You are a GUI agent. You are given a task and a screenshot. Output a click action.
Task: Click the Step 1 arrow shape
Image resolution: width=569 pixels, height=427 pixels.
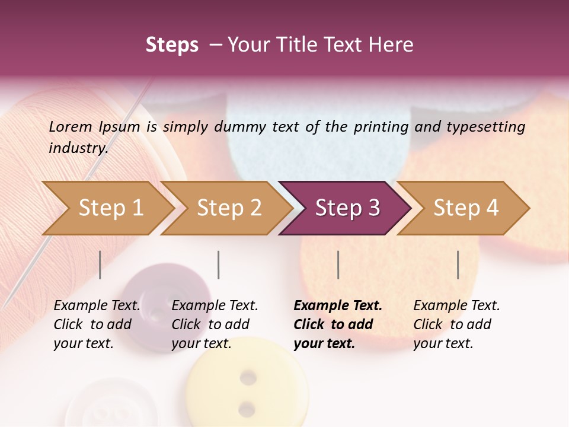click(x=110, y=208)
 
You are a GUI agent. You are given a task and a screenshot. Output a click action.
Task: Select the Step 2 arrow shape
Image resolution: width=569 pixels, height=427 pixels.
click(x=229, y=208)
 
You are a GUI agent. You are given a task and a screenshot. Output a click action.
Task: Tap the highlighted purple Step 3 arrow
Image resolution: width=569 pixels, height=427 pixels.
click(x=347, y=208)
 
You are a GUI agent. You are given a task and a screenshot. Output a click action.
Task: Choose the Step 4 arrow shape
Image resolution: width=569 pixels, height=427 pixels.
click(x=465, y=208)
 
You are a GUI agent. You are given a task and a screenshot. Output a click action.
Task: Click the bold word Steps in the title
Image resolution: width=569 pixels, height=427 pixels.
click(x=172, y=45)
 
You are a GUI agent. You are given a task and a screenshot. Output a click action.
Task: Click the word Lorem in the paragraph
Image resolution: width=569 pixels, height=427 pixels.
click(x=71, y=126)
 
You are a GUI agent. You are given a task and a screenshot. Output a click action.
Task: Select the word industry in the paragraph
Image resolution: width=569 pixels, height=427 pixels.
click(x=78, y=148)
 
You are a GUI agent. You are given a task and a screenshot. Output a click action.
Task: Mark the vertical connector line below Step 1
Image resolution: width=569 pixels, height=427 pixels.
click(x=100, y=265)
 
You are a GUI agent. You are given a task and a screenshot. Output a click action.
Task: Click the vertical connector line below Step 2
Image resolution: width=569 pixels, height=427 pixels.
click(x=219, y=265)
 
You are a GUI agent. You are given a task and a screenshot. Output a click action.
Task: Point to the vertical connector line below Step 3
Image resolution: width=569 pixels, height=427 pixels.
click(x=338, y=265)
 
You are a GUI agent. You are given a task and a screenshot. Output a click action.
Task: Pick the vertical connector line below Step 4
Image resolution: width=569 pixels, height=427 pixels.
click(x=458, y=265)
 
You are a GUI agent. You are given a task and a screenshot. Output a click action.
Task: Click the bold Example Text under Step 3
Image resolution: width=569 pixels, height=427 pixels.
click(x=338, y=306)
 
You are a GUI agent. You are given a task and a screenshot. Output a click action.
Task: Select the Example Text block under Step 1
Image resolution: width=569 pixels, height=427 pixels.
click(x=97, y=324)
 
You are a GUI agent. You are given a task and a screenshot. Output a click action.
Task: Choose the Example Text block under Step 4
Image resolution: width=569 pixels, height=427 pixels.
click(x=456, y=324)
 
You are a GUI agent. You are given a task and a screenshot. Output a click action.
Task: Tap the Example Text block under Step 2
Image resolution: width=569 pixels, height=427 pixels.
click(x=215, y=324)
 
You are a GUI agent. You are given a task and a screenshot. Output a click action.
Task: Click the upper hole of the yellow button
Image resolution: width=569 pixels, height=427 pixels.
click(x=248, y=377)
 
